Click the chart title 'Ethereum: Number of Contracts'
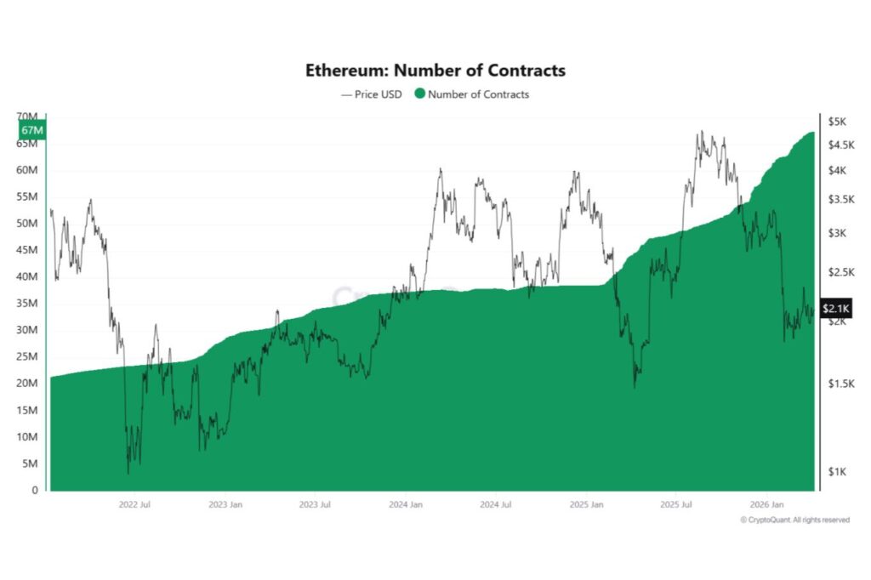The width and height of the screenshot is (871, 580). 435,71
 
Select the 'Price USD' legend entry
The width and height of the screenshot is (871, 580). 372,94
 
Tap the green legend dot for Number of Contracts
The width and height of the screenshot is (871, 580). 420,94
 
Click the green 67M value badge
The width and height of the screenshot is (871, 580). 32,130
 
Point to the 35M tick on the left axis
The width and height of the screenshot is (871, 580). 28,304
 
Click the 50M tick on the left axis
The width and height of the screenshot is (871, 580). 28,224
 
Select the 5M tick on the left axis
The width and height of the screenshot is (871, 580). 31,463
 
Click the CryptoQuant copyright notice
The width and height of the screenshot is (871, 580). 794,520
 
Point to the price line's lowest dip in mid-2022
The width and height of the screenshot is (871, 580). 128,473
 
